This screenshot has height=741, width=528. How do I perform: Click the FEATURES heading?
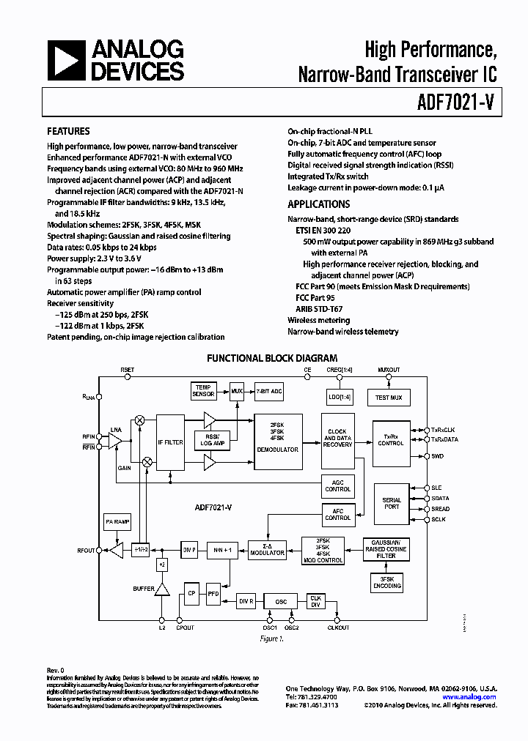[68, 131]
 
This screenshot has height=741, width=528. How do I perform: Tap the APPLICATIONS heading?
[318, 204]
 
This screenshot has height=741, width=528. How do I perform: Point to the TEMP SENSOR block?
[203, 390]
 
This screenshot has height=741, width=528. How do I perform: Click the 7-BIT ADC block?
[269, 390]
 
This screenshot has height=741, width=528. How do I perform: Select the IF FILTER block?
[170, 442]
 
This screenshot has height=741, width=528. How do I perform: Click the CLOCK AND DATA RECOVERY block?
[337, 439]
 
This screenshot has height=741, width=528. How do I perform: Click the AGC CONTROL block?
[337, 485]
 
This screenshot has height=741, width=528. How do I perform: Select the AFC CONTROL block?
[337, 514]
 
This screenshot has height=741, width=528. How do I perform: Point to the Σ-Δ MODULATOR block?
[268, 550]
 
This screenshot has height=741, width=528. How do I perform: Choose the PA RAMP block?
[118, 521]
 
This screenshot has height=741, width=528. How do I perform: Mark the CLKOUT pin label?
[338, 628]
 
